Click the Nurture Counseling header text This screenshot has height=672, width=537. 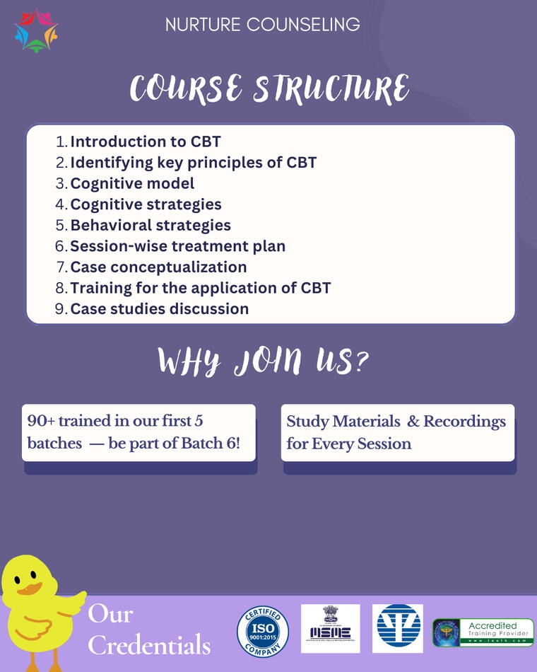click(x=262, y=25)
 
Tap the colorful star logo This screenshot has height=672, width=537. click(x=35, y=29)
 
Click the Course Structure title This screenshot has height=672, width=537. click(x=269, y=89)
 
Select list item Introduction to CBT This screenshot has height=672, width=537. click(x=146, y=141)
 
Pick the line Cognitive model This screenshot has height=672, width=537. click(x=132, y=183)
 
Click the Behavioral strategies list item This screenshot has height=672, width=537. click(x=151, y=225)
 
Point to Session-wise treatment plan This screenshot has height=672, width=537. click(x=178, y=246)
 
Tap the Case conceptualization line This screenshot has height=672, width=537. click(x=158, y=267)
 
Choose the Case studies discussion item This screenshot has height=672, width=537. click(x=160, y=309)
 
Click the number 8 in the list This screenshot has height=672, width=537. click(x=61, y=288)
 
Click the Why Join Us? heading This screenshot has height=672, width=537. click(x=263, y=361)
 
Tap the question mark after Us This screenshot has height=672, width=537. click(x=360, y=361)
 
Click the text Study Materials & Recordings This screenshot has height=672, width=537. click(x=396, y=422)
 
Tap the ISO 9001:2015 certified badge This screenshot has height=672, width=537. click(x=263, y=630)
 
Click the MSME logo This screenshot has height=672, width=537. click(x=330, y=628)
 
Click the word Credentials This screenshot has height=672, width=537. click(x=149, y=645)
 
